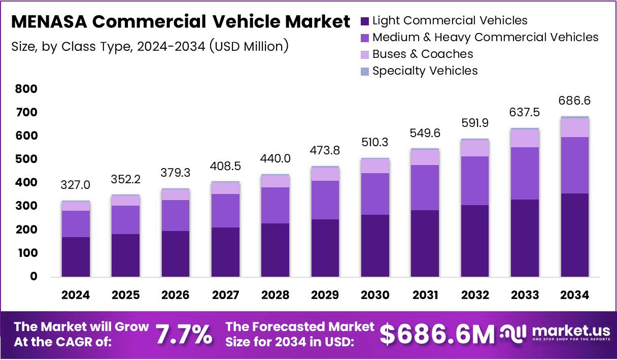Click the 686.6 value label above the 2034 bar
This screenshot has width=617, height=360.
coord(575,101)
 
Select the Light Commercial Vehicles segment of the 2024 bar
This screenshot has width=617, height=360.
coord(76,256)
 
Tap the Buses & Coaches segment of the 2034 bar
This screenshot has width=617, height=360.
coord(575,127)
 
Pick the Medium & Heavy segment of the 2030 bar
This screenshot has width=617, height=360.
coord(375,194)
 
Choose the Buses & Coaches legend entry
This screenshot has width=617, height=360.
coord(422,54)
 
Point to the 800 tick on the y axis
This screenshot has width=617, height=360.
coord(26,89)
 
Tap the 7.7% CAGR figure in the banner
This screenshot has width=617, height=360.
coord(184,335)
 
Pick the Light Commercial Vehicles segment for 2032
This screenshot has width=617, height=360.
coord(475,241)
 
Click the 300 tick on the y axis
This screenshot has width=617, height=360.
coord(26,206)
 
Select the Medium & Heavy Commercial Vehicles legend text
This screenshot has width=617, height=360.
coord(485,38)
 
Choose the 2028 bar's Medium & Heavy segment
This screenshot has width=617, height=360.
coord(275,205)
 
